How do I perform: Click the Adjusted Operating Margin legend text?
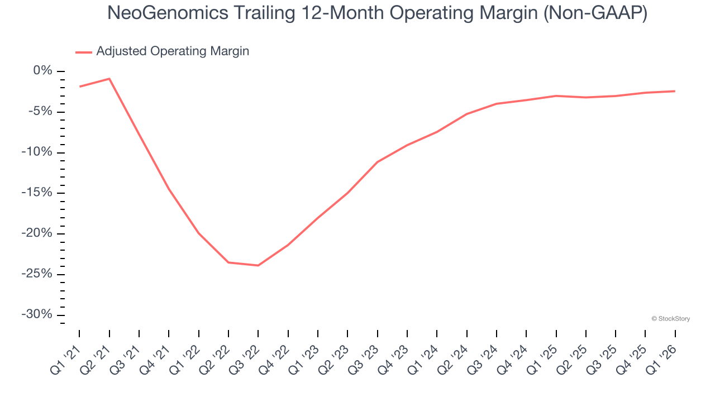(x=173, y=51)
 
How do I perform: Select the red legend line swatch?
(x=84, y=52)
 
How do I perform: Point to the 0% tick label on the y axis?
(x=42, y=71)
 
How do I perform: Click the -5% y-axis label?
(x=40, y=112)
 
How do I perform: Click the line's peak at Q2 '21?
(x=109, y=79)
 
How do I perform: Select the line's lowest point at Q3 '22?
(x=258, y=265)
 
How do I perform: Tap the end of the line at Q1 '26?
(x=675, y=91)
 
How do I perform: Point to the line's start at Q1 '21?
(x=80, y=87)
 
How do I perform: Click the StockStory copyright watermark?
(x=670, y=319)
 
